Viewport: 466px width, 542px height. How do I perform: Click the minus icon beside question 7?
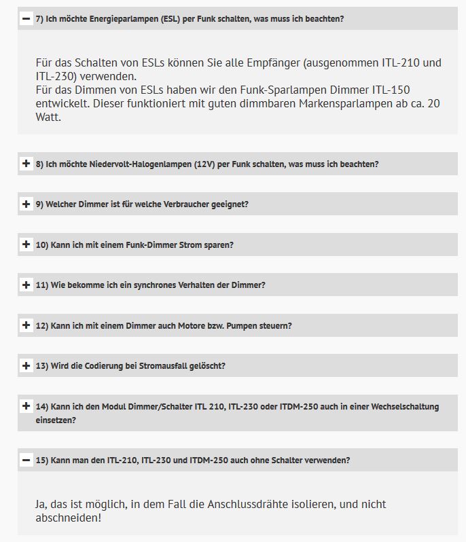click(x=26, y=19)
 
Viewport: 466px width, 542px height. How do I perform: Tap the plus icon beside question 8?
click(x=26, y=164)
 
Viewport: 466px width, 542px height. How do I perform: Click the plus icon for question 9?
click(x=26, y=204)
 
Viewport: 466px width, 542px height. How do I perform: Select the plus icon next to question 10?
click(x=26, y=245)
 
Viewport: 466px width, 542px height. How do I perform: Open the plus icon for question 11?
click(x=26, y=285)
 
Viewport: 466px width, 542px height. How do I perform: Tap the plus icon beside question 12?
click(x=26, y=325)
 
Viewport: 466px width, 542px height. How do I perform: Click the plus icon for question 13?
click(x=26, y=365)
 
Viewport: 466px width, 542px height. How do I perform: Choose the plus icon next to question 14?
click(x=26, y=406)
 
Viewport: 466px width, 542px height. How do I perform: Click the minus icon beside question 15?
click(x=26, y=460)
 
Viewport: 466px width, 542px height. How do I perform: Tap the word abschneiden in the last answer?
click(x=66, y=518)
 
